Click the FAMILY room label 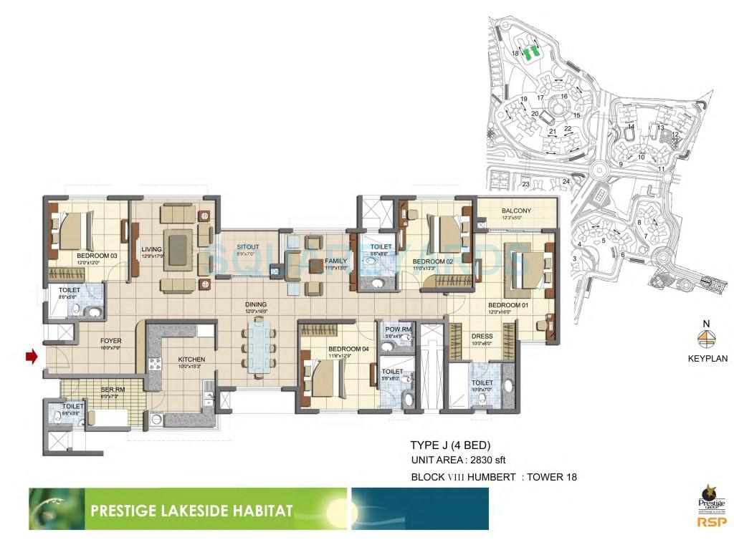point(335,261)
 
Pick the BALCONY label point(516,211)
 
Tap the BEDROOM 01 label point(507,306)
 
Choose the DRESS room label point(481,336)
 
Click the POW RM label point(398,329)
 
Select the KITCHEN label point(191,360)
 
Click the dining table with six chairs point(257,347)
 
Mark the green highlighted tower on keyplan point(530,53)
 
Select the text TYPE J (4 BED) point(449,445)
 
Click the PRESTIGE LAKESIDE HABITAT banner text point(191,511)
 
